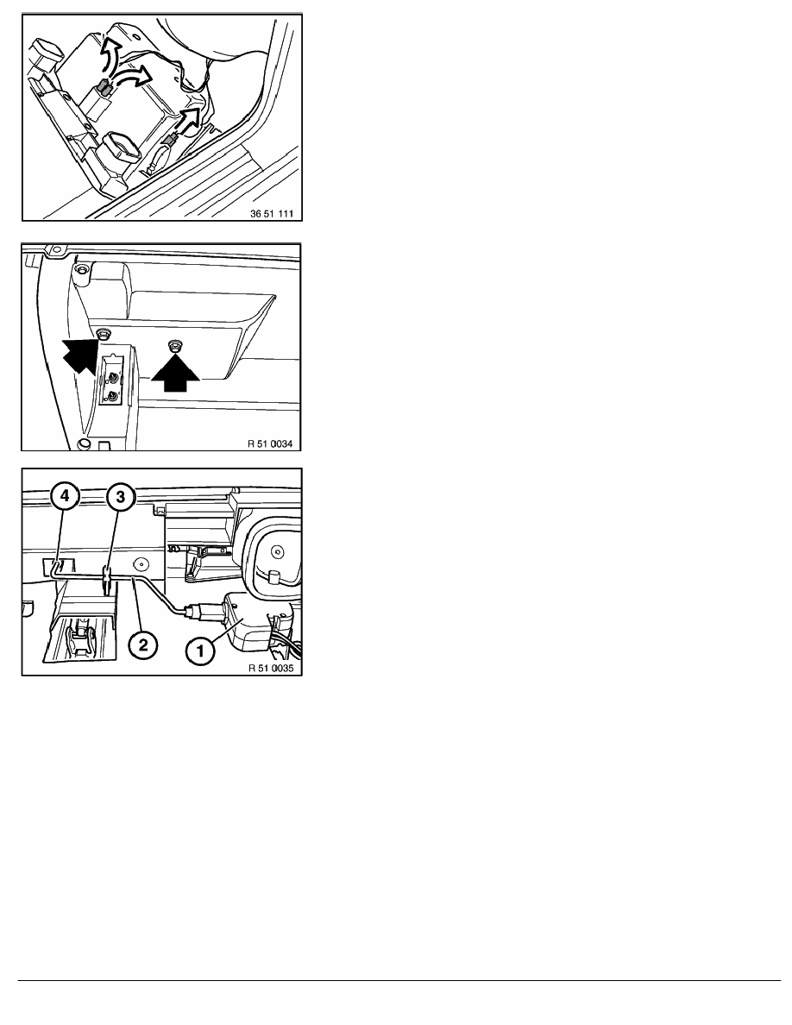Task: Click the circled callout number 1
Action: point(200,651)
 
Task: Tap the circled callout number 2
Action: point(143,646)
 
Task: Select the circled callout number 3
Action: point(120,498)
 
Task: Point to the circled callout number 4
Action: point(65,497)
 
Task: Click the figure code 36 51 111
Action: point(272,214)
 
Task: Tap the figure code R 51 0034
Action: point(271,443)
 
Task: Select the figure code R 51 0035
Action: point(271,669)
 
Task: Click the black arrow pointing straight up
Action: point(174,373)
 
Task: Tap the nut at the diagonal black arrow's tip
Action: point(102,334)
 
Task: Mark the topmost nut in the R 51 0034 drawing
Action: point(81,270)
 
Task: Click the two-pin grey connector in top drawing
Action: point(104,87)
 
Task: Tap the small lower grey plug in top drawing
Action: point(171,139)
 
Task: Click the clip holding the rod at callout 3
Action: point(106,579)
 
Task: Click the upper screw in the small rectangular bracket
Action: point(115,376)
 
